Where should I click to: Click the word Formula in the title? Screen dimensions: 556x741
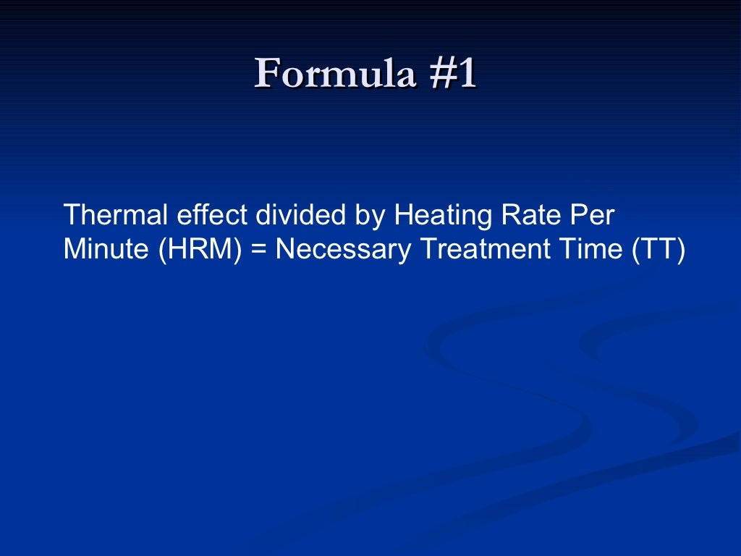click(x=334, y=74)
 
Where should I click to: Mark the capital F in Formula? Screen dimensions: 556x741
click(x=267, y=74)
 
